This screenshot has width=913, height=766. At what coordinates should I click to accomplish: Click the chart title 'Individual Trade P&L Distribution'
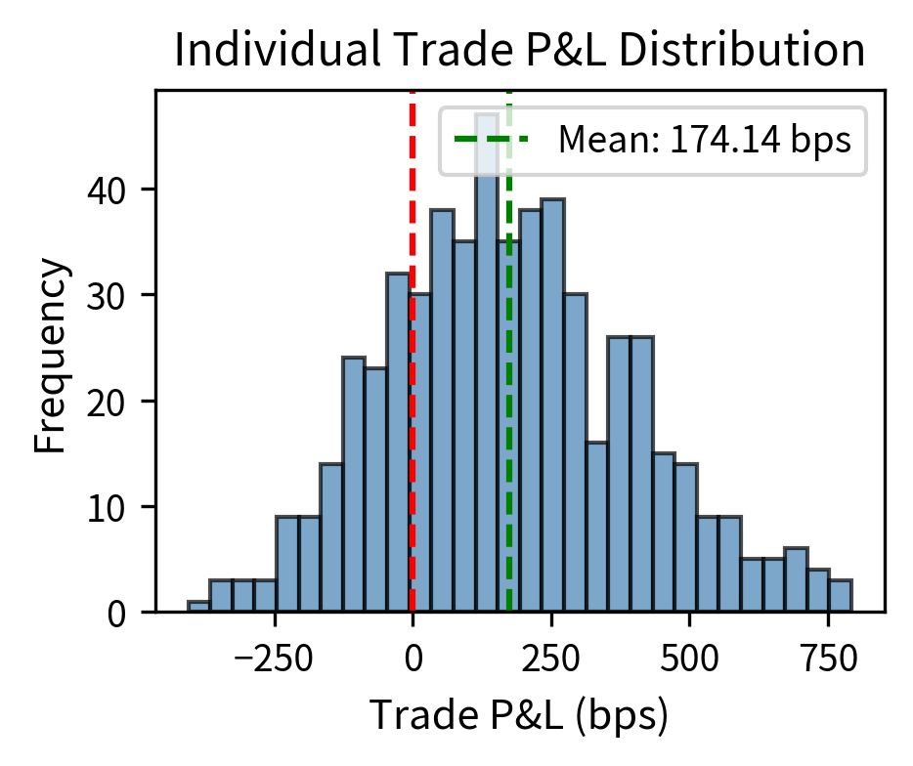519,52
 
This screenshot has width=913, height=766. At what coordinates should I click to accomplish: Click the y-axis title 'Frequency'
54,357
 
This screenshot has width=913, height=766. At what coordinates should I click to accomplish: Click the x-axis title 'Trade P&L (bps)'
519,717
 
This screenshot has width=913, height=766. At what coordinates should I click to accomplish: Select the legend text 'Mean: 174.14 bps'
705,141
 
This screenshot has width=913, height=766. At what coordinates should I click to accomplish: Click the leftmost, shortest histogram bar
198,607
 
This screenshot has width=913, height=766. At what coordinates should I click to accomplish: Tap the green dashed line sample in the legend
492,141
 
